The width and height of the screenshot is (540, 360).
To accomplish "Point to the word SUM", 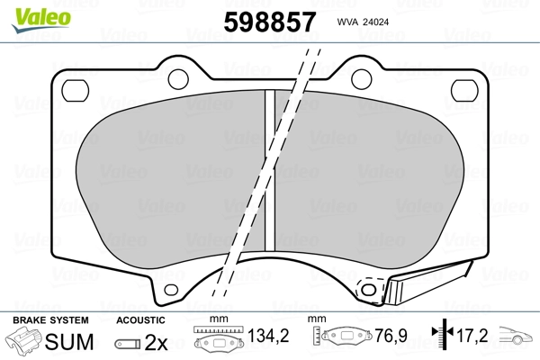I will (71, 343).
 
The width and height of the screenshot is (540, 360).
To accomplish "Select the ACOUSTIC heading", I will (140, 320).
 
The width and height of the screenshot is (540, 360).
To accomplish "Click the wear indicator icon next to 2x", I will (128, 344).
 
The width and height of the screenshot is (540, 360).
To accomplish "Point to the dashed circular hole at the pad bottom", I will (366, 289).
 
